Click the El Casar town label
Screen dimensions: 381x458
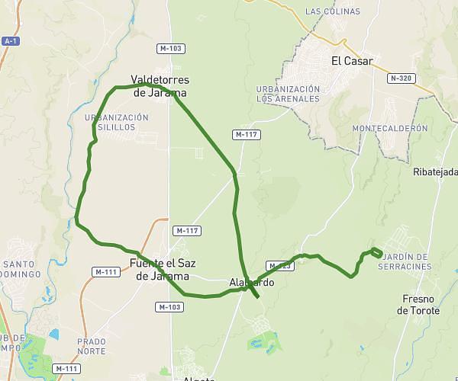(351, 62)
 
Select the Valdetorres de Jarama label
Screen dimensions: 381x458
(160, 86)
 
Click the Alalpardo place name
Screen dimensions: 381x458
(251, 283)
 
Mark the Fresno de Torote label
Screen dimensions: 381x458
(418, 305)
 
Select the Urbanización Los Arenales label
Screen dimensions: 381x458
(287, 94)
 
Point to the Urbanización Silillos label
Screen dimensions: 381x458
(117, 122)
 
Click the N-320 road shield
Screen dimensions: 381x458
(402, 78)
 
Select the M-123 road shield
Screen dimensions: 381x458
(280, 266)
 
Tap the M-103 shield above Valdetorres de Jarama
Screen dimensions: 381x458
(170, 48)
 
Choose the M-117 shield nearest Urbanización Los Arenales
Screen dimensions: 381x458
(245, 135)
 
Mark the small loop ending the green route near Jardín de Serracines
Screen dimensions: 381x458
(375, 252)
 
